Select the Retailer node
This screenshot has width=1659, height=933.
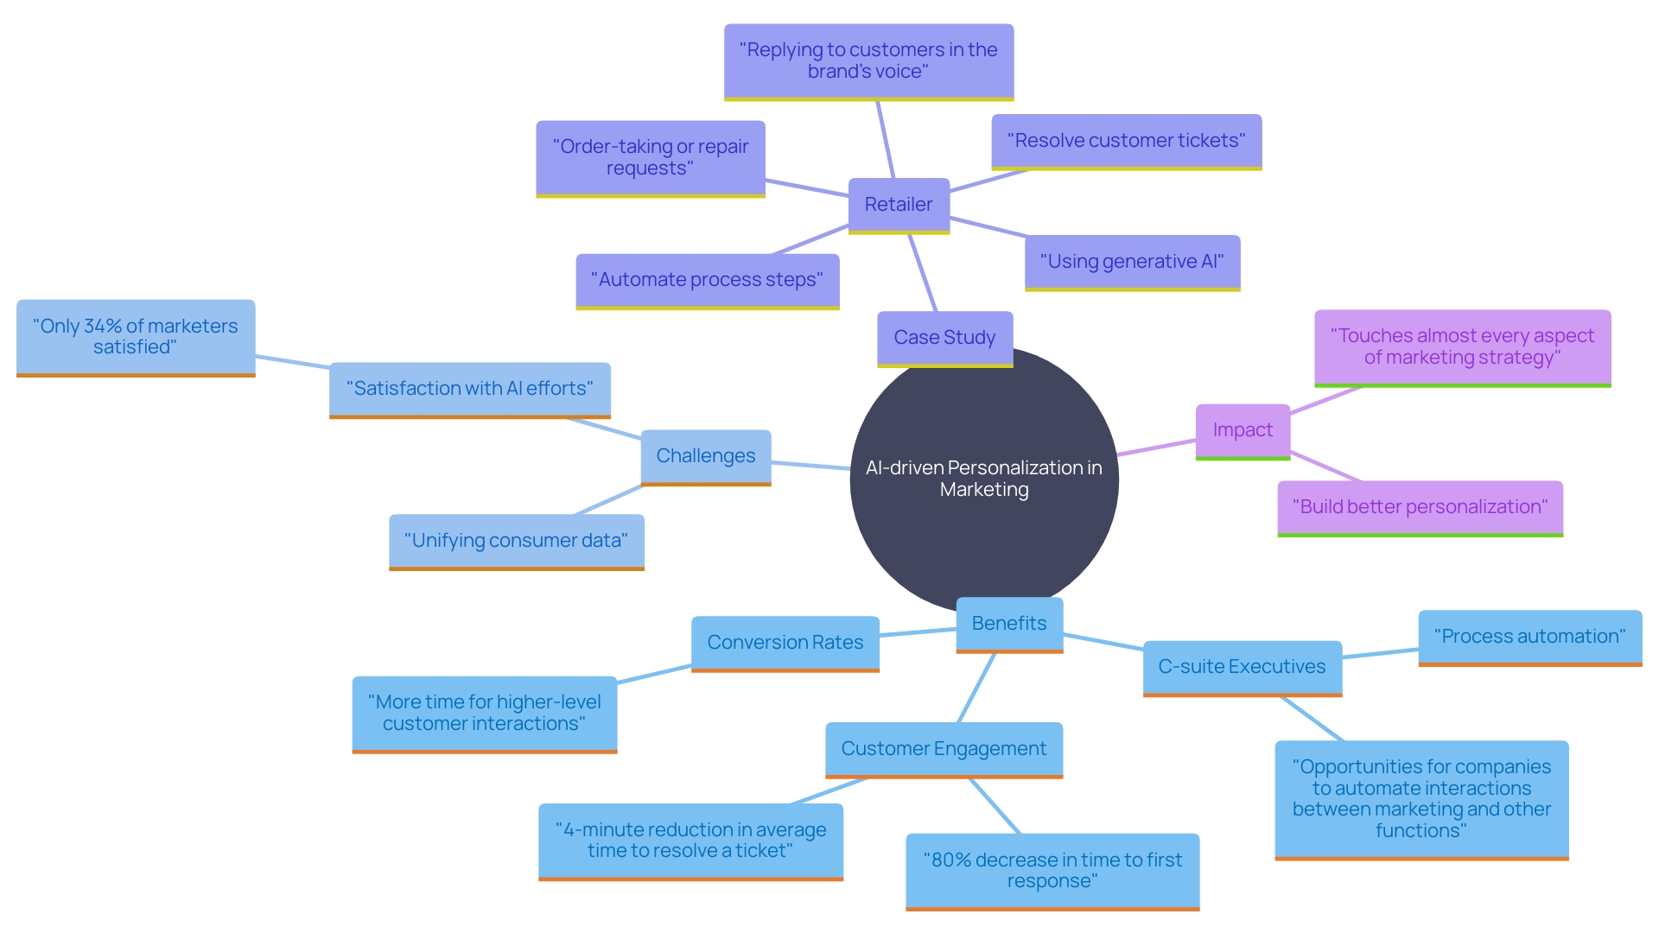point(899,205)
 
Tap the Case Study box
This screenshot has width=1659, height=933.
point(944,338)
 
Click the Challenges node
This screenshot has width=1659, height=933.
point(705,456)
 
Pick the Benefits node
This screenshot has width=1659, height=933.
point(1008,624)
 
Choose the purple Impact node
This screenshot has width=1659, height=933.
point(1242,430)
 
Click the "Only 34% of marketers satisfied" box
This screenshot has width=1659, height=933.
point(136,337)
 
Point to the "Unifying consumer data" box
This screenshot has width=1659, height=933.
point(516,541)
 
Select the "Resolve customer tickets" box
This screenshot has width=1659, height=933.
point(1126,141)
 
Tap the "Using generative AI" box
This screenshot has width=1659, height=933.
point(1132,262)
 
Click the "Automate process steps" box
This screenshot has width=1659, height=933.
point(707,280)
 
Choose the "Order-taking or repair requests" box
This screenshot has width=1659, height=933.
point(650,157)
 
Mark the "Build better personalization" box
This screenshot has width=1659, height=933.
point(1420,507)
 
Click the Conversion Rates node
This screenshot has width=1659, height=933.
point(785,643)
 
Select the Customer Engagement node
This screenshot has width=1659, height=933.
point(944,749)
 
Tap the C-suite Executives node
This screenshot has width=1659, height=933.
point(1242,667)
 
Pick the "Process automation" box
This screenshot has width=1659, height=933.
point(1529,637)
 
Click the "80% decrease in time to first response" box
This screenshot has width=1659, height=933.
point(1052,871)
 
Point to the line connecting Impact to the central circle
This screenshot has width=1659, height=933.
point(1156,447)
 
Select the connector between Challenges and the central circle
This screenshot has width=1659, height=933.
point(810,466)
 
